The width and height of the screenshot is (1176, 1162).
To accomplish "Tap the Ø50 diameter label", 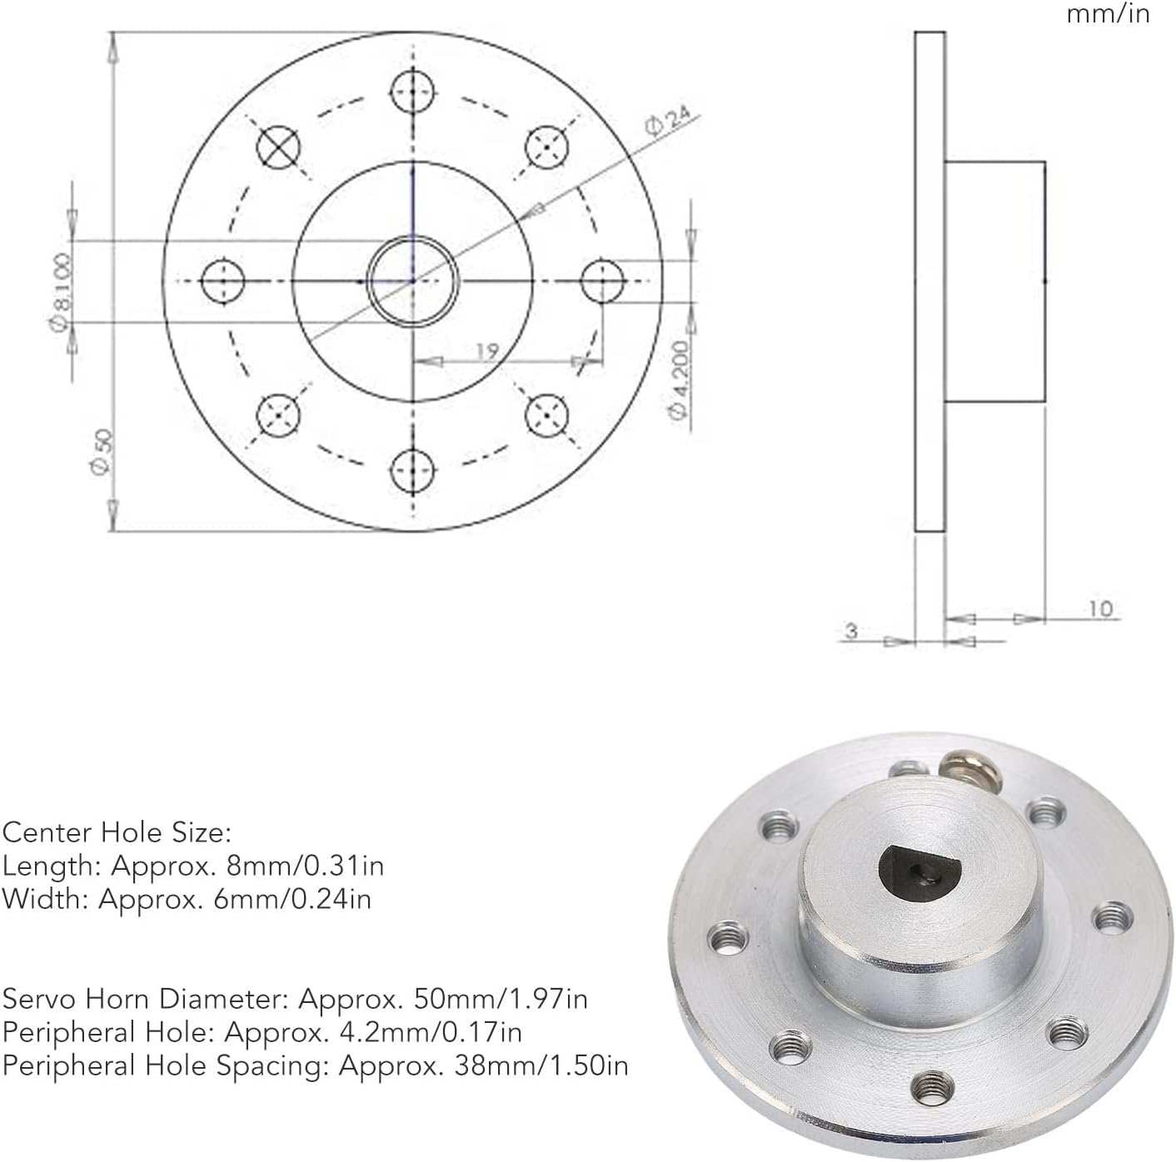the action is [x=102, y=451].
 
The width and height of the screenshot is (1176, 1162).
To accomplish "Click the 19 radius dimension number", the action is [x=487, y=350].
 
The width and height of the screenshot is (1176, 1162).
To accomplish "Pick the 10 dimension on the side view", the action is [x=1100, y=608].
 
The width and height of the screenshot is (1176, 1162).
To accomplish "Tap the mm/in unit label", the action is [x=1108, y=14].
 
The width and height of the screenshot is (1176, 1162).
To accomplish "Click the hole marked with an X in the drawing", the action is [x=278, y=147].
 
